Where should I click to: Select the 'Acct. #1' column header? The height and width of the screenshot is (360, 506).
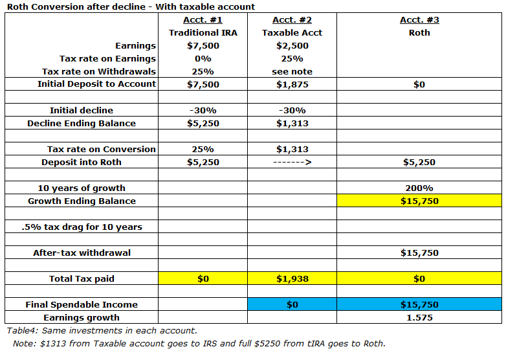[x=203, y=20]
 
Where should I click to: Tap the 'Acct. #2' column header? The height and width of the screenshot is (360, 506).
[x=292, y=20]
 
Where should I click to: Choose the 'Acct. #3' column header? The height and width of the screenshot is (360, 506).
[x=419, y=20]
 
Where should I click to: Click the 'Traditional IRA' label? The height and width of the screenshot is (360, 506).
[x=203, y=33]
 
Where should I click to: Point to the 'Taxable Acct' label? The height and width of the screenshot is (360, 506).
[x=292, y=33]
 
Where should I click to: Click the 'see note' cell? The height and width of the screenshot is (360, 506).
[x=292, y=72]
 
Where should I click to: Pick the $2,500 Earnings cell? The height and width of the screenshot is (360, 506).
[x=292, y=46]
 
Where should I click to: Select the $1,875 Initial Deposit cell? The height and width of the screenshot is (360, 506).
[x=292, y=84]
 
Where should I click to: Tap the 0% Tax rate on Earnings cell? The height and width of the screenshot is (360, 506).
[x=203, y=59]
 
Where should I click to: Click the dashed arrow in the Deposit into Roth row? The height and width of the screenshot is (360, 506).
[x=292, y=163]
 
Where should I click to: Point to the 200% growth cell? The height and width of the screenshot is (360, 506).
[x=419, y=188]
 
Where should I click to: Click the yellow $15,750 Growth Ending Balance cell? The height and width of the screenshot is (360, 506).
[x=419, y=201]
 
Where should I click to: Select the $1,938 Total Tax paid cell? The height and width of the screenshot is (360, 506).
[x=292, y=279]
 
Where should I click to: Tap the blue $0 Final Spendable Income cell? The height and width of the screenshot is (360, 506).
[x=292, y=305]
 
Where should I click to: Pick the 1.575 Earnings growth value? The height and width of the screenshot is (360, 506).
[x=419, y=318]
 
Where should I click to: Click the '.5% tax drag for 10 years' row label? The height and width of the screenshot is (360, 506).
[x=82, y=227]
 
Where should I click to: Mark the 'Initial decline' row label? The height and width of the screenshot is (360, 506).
[x=82, y=110]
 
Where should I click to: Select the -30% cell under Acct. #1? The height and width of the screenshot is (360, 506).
[x=203, y=110]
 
